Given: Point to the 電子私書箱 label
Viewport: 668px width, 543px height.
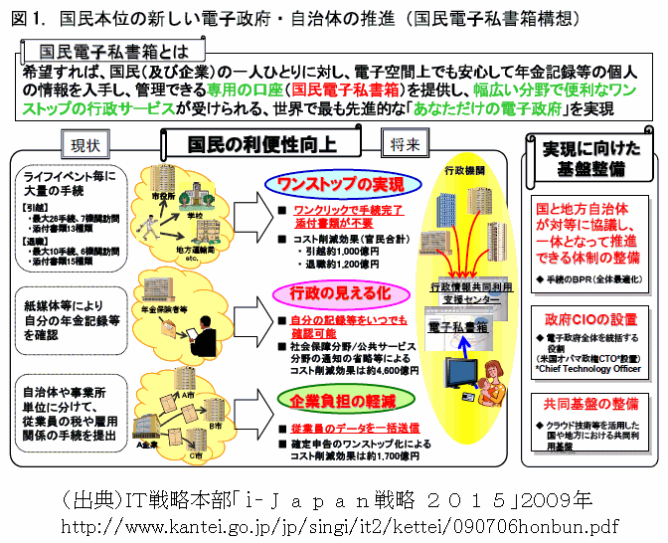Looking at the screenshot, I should (458, 327).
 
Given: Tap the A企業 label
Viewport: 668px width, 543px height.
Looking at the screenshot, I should (123, 447).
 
